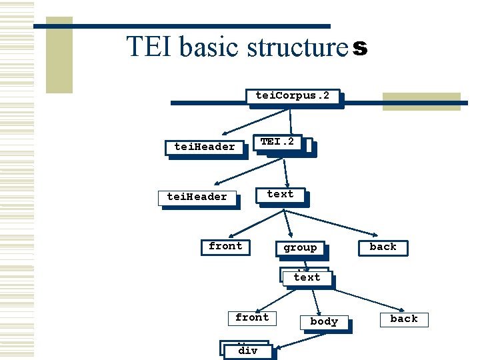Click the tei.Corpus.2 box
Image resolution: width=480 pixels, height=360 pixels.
[293, 96]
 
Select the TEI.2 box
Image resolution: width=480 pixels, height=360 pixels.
[278, 142]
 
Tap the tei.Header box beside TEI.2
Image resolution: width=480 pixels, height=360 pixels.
[204, 147]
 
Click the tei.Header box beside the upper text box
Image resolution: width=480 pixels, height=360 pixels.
[197, 197]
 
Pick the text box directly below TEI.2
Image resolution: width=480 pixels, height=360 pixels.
[280, 195]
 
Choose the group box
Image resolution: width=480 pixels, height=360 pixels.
[300, 248]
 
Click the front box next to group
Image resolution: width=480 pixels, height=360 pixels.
[225, 247]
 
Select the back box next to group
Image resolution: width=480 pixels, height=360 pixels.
[383, 247]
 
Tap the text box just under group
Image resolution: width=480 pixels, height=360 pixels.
[307, 277]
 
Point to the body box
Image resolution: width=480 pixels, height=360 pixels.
[324, 321]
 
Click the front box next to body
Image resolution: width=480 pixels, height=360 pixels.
[252, 318]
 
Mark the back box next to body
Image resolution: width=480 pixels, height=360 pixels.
[404, 319]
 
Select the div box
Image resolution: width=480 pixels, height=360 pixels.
[247, 350]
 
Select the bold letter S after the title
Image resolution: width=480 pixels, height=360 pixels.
[359, 49]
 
